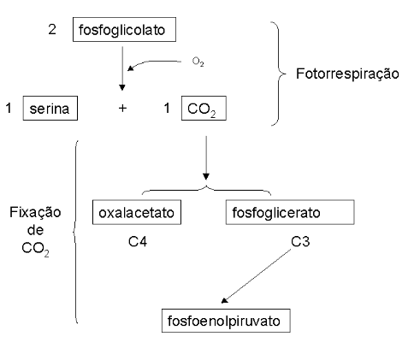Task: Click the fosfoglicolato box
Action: (124, 30)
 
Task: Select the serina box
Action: (50, 109)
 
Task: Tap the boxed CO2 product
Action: (204, 109)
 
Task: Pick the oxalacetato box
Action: (137, 212)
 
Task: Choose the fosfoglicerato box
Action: (290, 212)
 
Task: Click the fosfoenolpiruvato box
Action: (226, 321)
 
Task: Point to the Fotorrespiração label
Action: (347, 74)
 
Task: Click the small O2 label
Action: (198, 62)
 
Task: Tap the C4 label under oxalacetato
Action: (138, 242)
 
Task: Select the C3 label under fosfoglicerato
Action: (300, 242)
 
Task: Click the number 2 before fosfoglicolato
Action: (52, 29)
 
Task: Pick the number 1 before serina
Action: (9, 109)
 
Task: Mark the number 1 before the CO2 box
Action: (167, 109)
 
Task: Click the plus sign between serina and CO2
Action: (122, 109)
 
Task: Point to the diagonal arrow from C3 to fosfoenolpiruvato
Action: (256, 276)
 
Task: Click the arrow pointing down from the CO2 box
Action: (206, 157)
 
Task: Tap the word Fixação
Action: (35, 213)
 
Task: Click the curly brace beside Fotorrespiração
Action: (279, 74)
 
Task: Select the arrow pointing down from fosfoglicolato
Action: (122, 68)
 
